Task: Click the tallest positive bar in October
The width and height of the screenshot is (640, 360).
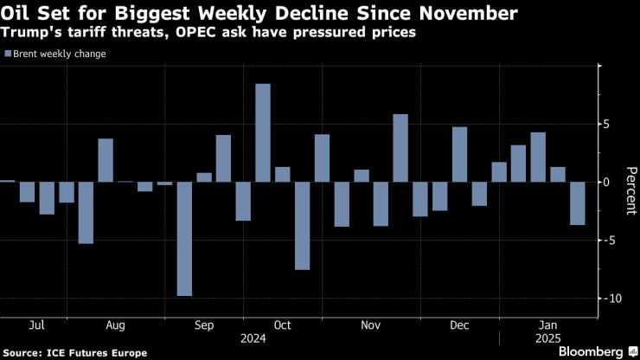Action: point(263,132)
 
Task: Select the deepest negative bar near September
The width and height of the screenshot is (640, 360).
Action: point(184,239)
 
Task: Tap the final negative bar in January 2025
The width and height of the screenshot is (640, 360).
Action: point(577,203)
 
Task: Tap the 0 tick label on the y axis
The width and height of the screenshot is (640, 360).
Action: point(607,182)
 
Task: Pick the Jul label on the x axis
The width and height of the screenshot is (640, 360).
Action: point(36,325)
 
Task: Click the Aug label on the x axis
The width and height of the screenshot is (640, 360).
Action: point(115,325)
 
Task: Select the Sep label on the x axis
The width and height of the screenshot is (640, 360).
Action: point(203,325)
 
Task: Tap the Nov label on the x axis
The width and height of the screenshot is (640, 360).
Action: point(370,325)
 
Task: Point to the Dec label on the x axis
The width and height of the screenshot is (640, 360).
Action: point(459,325)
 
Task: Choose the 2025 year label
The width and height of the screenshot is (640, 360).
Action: point(548,338)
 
